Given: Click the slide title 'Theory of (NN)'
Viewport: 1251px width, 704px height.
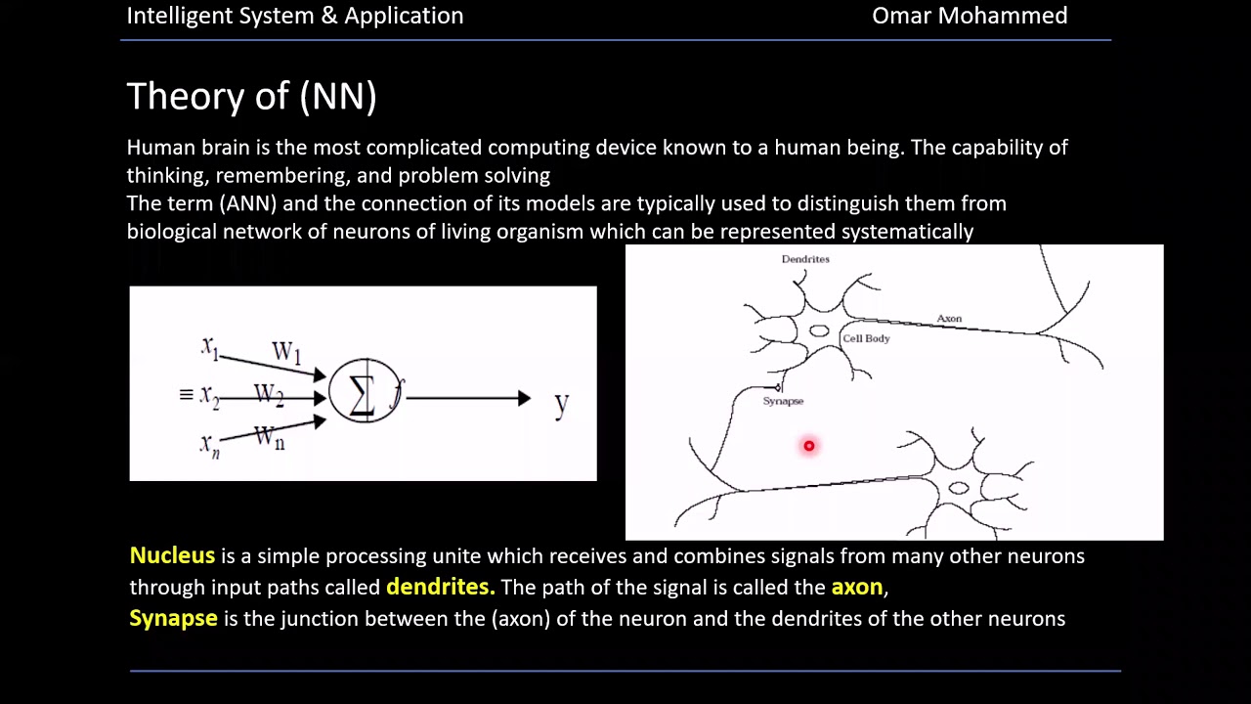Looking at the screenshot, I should (x=251, y=96).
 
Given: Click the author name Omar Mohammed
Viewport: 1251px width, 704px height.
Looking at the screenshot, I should (x=969, y=16).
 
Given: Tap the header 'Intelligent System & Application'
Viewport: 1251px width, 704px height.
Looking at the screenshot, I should (x=294, y=16).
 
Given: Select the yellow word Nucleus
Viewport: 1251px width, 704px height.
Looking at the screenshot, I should (x=172, y=555).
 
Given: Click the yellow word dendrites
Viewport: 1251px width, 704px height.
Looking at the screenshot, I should (x=440, y=587).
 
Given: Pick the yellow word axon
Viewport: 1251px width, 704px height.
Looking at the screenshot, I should (x=856, y=587).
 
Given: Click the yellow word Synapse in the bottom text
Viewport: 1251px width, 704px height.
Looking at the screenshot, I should (x=173, y=618).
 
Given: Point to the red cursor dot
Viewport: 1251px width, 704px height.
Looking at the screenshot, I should (x=809, y=446).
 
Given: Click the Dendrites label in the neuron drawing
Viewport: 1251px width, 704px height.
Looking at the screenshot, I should (x=804, y=259).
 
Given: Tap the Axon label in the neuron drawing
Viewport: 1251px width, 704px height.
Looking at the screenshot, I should (x=949, y=319).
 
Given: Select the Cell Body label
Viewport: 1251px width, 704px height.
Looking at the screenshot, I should (x=866, y=338).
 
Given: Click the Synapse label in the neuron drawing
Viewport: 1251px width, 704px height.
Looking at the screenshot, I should (x=783, y=401).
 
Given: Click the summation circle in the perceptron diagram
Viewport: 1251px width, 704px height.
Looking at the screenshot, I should (x=364, y=391).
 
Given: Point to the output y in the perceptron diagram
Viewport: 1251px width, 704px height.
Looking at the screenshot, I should (x=561, y=402).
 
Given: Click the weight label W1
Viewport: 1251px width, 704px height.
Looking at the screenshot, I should (x=285, y=352).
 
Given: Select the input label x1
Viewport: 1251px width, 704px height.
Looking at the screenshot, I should (x=209, y=346).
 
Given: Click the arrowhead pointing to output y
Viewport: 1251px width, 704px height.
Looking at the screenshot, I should (x=524, y=398).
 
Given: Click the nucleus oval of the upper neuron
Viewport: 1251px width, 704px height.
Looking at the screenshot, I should (x=819, y=331).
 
